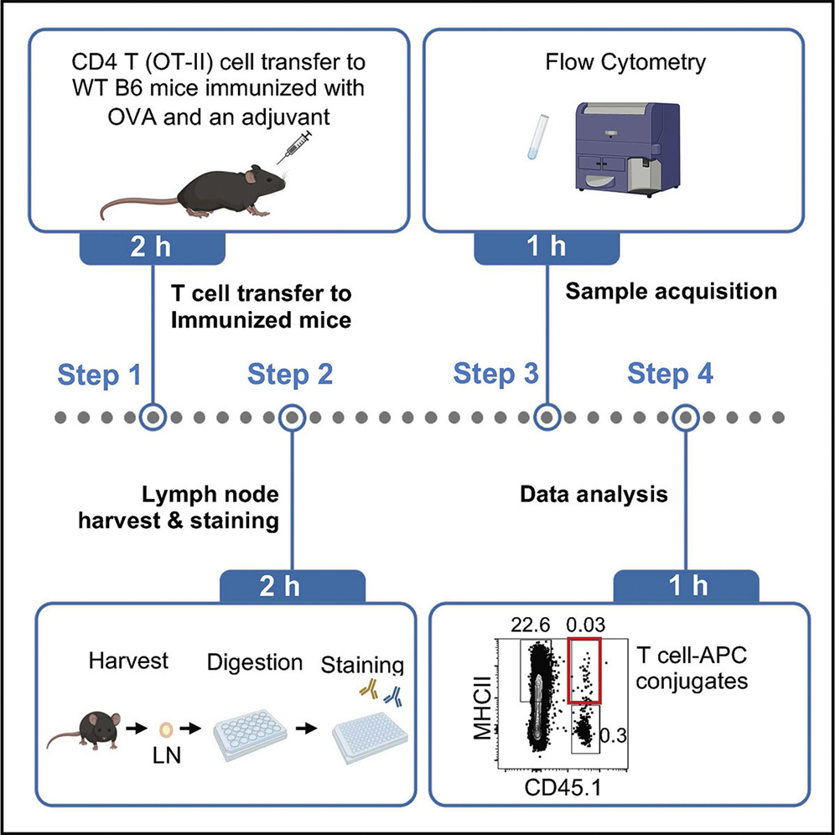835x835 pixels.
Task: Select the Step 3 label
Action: click(x=495, y=374)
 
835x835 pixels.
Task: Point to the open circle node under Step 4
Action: click(x=687, y=417)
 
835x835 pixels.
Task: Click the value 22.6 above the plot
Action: click(x=528, y=625)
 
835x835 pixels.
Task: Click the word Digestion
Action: click(x=255, y=662)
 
